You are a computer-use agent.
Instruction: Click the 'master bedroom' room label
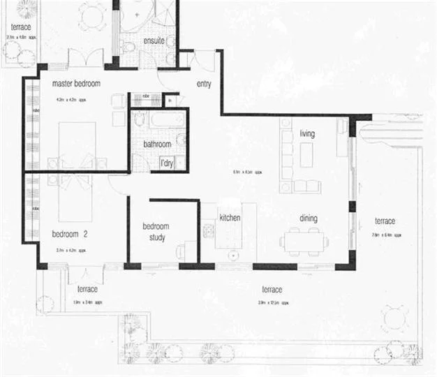tap(77, 84)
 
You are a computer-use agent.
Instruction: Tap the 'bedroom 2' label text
tap(68, 233)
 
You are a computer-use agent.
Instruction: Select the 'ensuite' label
tap(154, 41)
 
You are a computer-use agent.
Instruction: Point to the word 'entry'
tap(204, 84)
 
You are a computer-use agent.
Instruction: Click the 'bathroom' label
tap(157, 145)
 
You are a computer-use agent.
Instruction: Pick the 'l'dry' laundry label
tap(166, 163)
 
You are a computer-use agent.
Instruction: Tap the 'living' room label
tap(307, 133)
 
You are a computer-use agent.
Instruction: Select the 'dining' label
tap(308, 219)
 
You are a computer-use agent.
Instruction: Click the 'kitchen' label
tap(230, 219)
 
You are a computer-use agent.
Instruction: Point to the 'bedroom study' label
tap(156, 231)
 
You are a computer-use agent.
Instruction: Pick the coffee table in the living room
tap(306, 155)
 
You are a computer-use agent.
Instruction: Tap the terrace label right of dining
tap(383, 221)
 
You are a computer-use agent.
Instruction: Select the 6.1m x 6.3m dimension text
tap(247, 171)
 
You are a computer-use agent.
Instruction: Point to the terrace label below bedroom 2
tap(87, 289)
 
